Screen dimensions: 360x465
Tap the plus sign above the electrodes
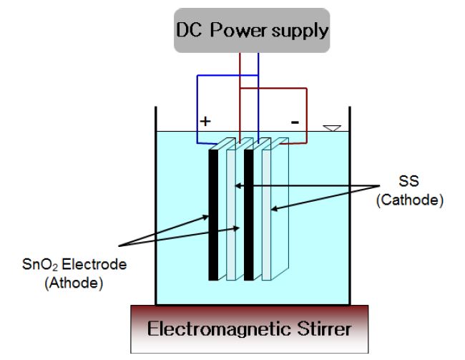(206, 122)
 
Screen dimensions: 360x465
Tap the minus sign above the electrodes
(294, 122)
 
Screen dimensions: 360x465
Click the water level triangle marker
(329, 128)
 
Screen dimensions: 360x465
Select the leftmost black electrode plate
(212, 215)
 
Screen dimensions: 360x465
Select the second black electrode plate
(248, 215)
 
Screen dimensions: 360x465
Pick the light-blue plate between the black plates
(231, 215)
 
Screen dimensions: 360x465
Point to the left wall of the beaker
(156, 215)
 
